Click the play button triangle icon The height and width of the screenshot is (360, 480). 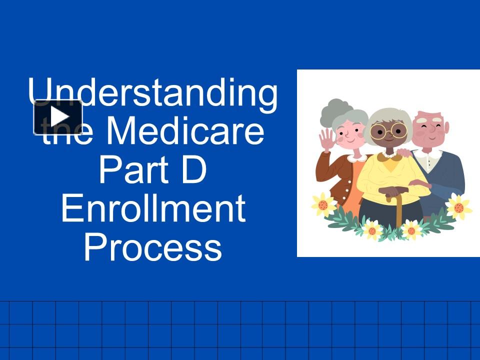coord(58,117)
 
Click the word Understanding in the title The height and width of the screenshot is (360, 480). coord(152,93)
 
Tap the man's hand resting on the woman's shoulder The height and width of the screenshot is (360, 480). coord(404,152)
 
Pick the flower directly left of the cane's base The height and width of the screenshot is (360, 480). coord(371,229)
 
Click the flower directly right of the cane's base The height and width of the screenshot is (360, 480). coord(411,229)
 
